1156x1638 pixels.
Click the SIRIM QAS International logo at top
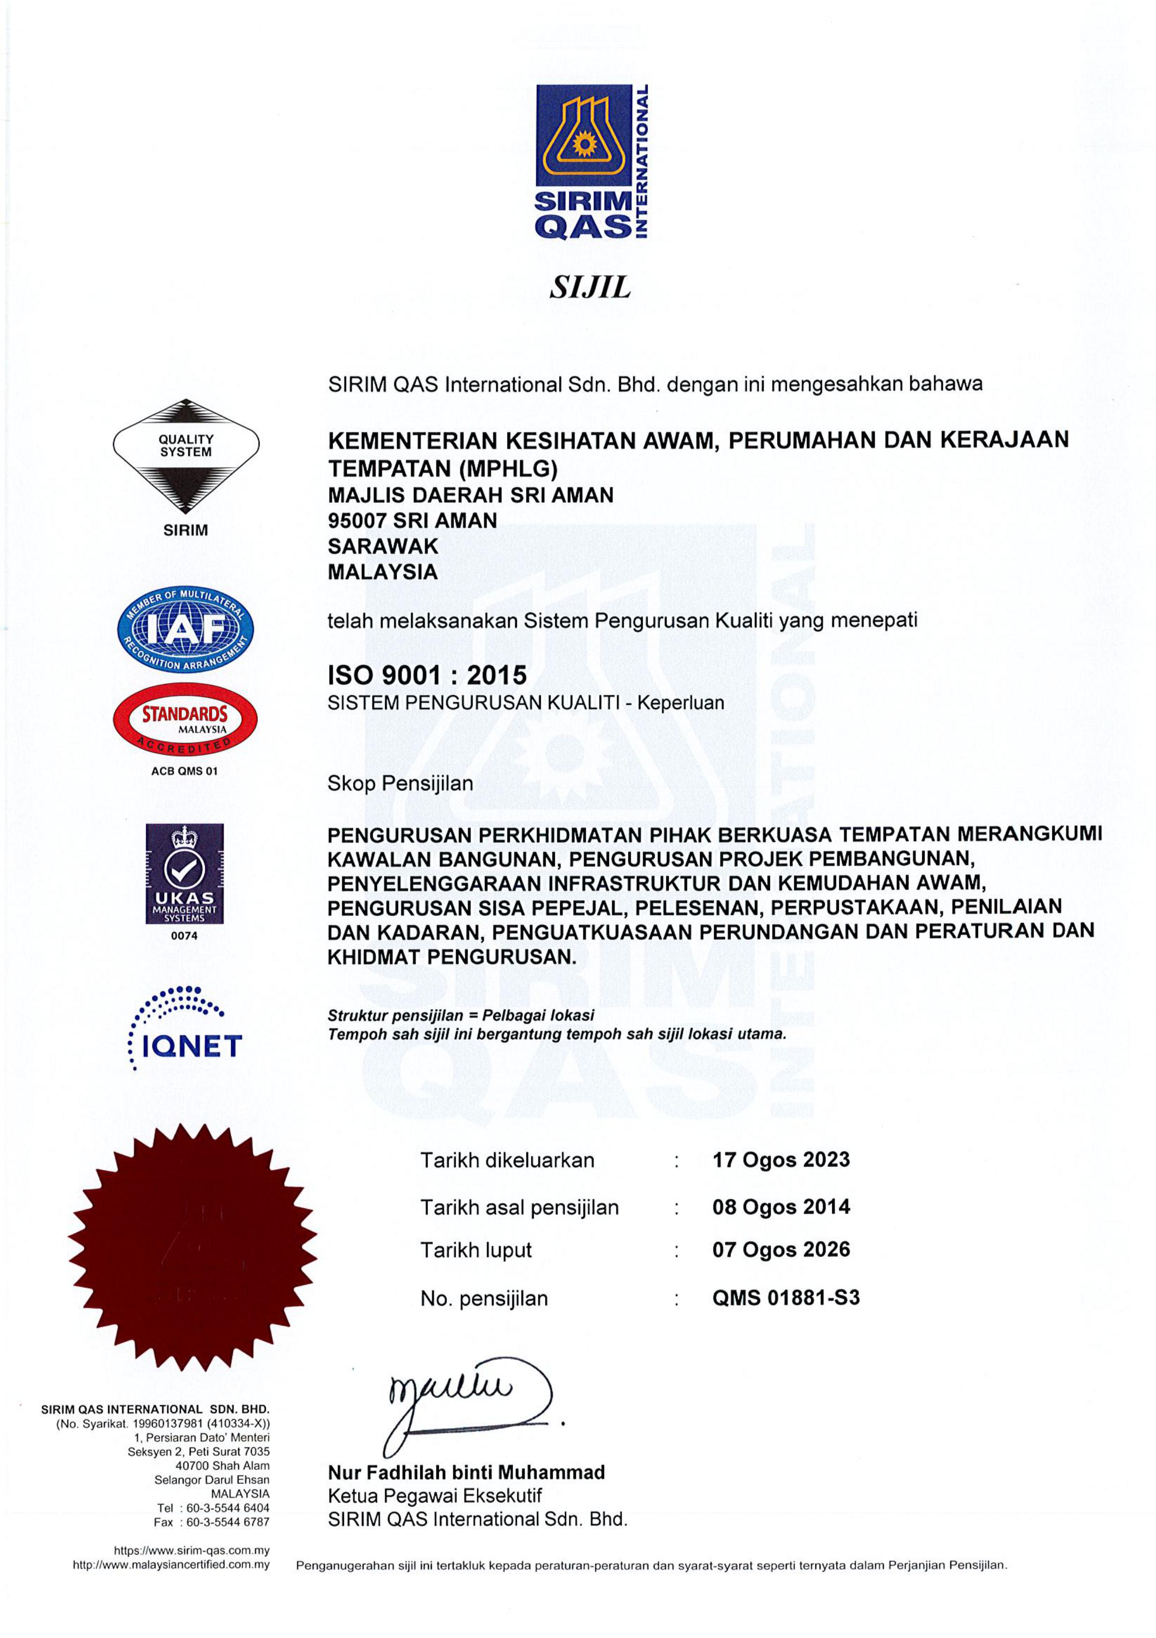click(x=591, y=162)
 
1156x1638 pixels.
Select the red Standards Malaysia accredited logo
click(x=185, y=720)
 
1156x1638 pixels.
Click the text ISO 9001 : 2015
click(x=427, y=675)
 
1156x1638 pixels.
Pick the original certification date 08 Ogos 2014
click(x=781, y=1207)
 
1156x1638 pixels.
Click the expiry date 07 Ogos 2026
click(x=781, y=1249)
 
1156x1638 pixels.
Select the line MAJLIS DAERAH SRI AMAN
click(x=470, y=495)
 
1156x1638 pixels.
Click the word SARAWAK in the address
click(x=383, y=546)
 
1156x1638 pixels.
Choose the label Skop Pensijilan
click(x=400, y=783)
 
